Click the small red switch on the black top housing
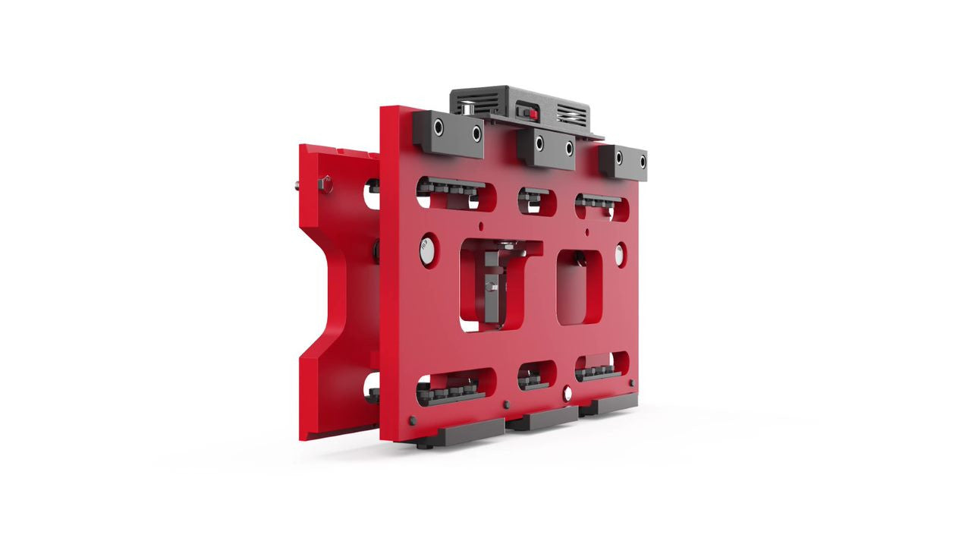(533, 114)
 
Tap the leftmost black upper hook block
(448, 134)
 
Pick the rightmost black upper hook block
(623, 162)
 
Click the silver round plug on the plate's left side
(428, 250)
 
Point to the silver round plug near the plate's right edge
(621, 254)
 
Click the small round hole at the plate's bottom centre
(567, 393)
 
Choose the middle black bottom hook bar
(542, 420)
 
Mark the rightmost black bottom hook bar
(608, 407)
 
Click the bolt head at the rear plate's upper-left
(325, 183)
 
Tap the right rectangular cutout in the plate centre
(580, 287)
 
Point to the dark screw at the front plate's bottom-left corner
(412, 420)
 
